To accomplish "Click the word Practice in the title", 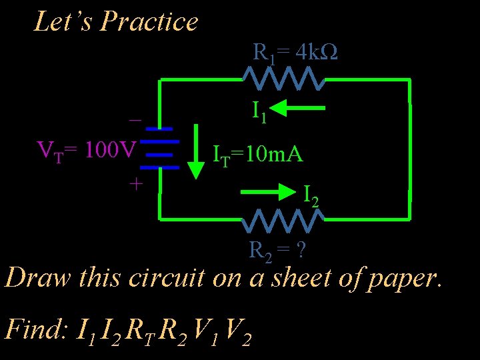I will (x=149, y=22).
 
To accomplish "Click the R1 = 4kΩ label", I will (x=295, y=53).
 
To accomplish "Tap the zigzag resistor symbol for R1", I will (x=284, y=79).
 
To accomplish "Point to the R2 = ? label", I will (x=277, y=251).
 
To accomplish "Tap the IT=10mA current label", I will (x=257, y=155).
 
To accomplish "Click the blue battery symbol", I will (x=160, y=147).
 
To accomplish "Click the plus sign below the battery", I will (x=135, y=183).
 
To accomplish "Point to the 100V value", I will (x=111, y=147).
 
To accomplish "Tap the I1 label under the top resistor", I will (x=259, y=111).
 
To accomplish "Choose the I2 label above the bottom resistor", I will (x=311, y=195).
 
